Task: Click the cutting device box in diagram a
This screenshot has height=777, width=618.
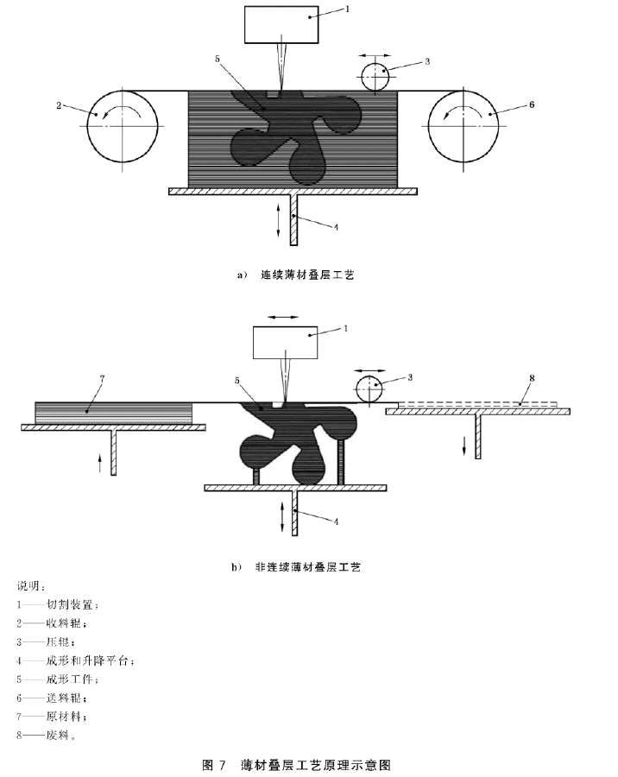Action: pos(281,24)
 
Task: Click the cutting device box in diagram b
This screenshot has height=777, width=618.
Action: pos(285,343)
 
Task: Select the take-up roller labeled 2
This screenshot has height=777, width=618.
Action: pos(123,126)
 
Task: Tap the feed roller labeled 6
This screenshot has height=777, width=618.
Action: pos(463,126)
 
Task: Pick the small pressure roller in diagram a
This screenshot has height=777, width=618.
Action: pos(375,78)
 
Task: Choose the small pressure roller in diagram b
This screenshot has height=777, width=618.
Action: pos(370,389)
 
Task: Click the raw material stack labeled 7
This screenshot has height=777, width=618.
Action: pos(113,414)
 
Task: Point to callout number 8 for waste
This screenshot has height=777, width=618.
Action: pos(533,378)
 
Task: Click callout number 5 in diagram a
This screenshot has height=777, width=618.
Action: pos(218,60)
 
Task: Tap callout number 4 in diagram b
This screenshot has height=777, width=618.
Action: pos(336,521)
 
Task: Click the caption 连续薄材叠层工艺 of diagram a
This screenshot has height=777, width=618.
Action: pos(308,275)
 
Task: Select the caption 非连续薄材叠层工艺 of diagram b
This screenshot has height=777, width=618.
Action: pos(308,566)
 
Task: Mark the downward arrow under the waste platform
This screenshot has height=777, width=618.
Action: pos(464,444)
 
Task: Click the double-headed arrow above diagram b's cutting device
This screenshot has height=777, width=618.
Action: pos(282,317)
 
